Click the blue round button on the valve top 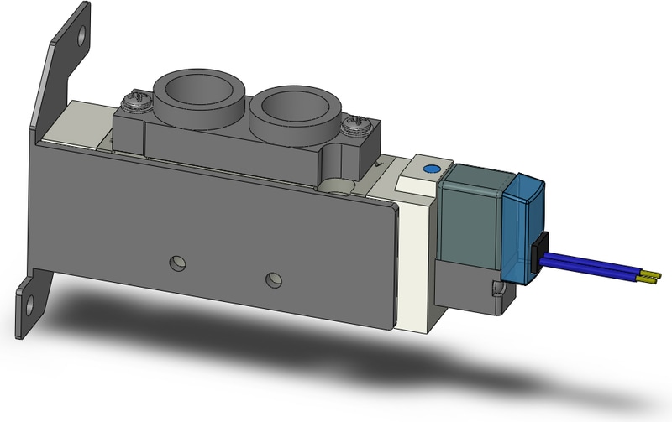431,169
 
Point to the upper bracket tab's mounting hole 81,37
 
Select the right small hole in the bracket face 272,277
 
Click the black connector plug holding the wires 539,251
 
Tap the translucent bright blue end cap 524,222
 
